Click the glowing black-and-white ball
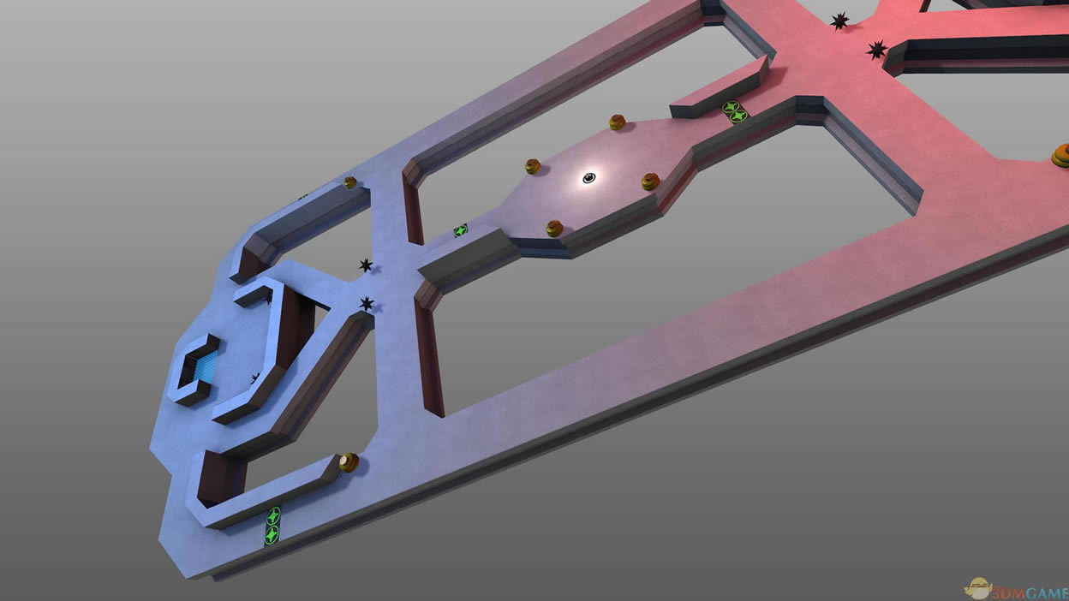(589, 178)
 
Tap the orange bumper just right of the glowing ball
(650, 181)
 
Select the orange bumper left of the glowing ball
(533, 166)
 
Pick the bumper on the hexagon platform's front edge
(554, 229)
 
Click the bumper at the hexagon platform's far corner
(617, 122)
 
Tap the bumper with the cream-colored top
(349, 462)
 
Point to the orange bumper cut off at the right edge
(1060, 156)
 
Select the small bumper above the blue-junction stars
(350, 182)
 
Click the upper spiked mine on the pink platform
(839, 21)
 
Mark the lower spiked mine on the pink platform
(876, 50)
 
